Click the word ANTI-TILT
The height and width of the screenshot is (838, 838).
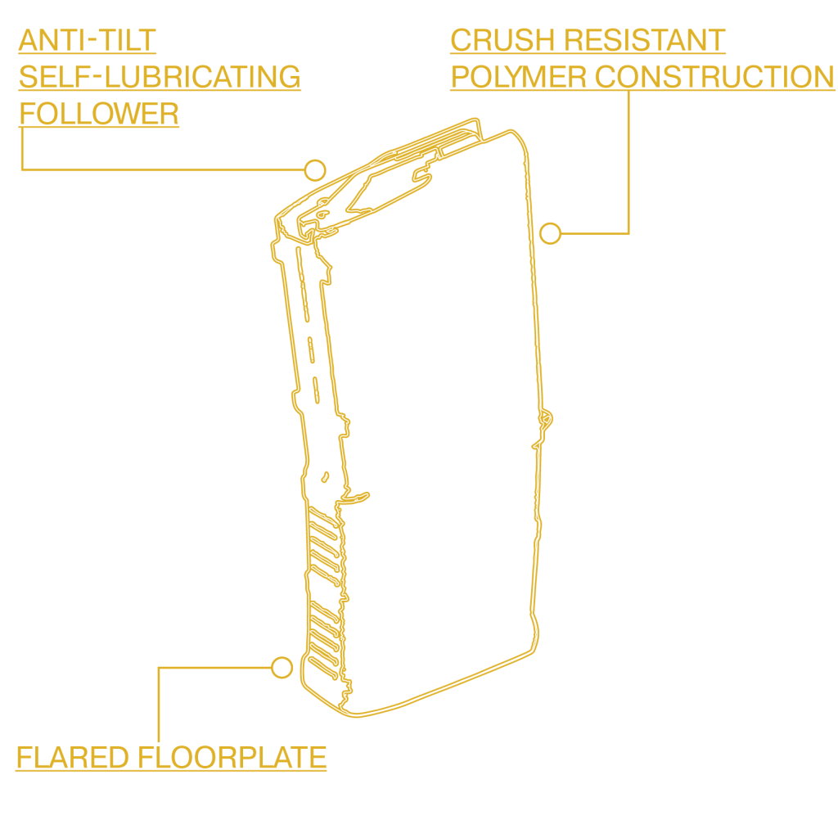(x=88, y=39)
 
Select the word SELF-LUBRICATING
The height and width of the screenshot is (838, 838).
(x=160, y=77)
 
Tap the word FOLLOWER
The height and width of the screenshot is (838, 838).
(x=99, y=114)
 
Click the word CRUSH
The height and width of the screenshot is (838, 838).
(x=498, y=39)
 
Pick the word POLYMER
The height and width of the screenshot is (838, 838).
(x=518, y=77)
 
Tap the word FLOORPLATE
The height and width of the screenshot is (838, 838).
(x=232, y=758)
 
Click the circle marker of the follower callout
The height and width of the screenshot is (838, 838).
(x=315, y=170)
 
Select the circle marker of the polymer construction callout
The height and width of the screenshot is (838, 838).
(x=551, y=233)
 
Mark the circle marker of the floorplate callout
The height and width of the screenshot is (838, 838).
(x=282, y=667)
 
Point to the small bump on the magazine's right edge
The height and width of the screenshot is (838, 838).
(x=546, y=418)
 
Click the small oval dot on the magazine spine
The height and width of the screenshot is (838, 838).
(x=325, y=475)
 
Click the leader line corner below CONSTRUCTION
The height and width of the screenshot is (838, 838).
(x=628, y=233)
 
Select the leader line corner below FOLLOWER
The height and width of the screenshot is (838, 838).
(x=21, y=170)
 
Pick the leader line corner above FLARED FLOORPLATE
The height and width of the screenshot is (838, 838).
(x=158, y=668)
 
